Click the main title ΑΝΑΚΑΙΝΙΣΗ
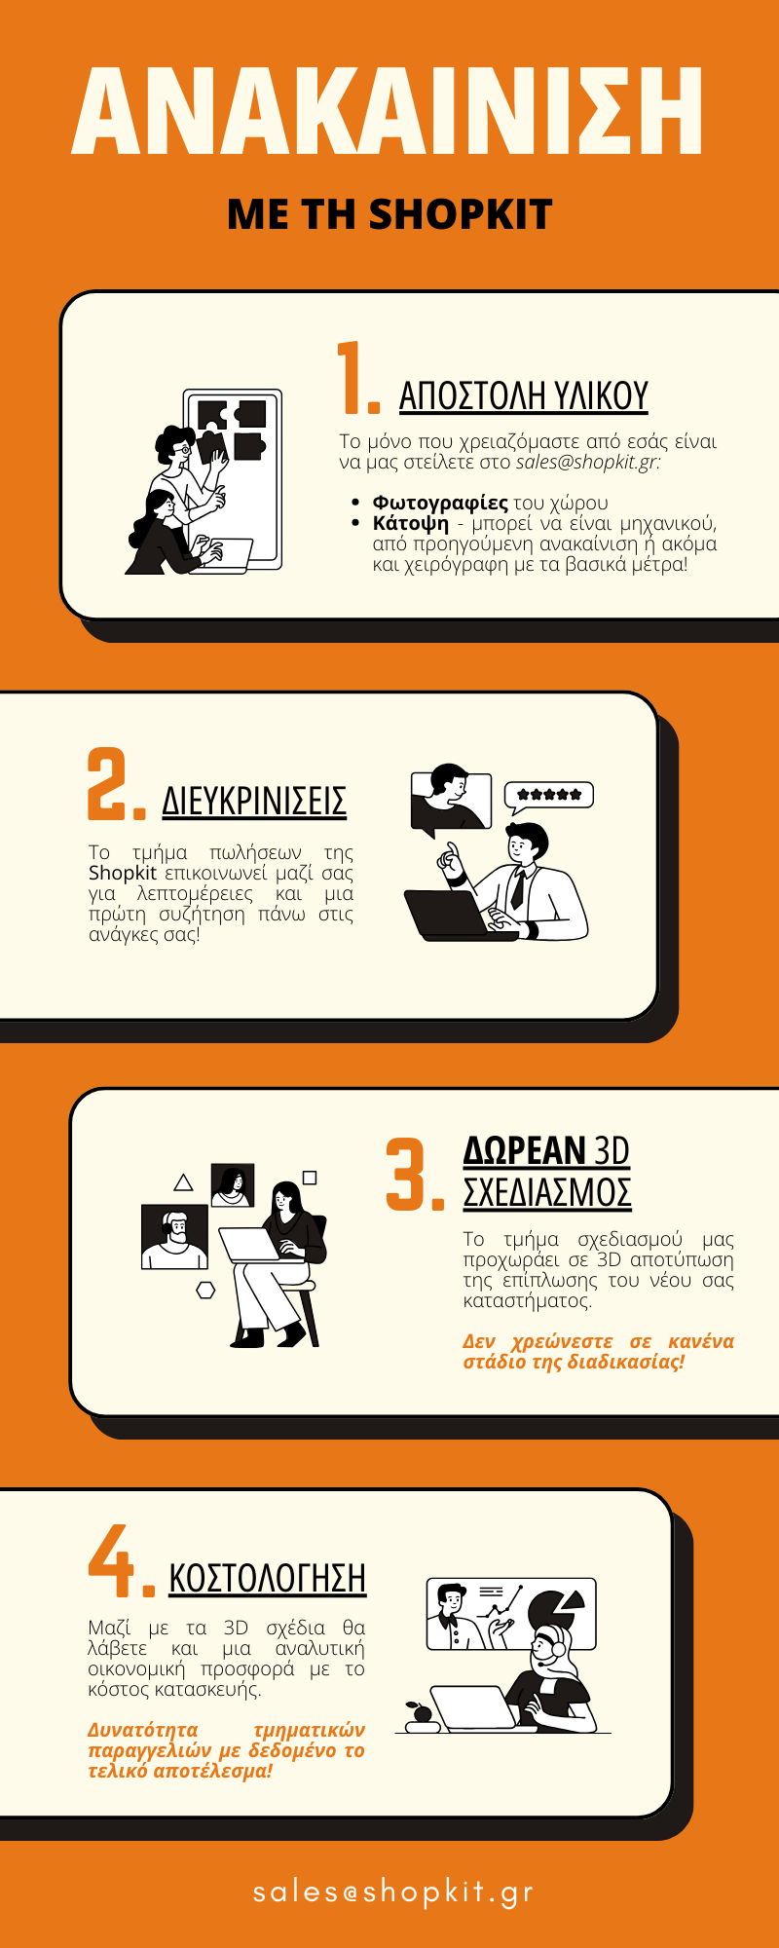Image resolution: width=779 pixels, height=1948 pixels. [x=388, y=112]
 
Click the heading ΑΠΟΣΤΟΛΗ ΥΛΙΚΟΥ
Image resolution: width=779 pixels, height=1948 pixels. [x=524, y=395]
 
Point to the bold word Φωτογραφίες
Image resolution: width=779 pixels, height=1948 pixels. [x=440, y=503]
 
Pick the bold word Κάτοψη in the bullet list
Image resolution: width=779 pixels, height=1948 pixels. [x=411, y=524]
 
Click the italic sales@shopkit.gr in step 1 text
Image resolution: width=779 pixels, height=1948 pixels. [x=587, y=462]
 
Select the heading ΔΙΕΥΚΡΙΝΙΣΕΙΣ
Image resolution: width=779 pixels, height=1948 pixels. [x=254, y=801]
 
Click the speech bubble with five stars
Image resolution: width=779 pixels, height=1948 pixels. [x=548, y=797]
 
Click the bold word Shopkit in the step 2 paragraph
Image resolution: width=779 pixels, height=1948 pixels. [x=122, y=873]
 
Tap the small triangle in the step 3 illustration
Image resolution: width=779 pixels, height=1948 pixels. [x=183, y=1182]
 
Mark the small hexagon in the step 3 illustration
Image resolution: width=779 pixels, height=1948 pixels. [x=205, y=1290]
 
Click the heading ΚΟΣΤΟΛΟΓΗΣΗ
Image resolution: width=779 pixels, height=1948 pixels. [x=268, y=1578]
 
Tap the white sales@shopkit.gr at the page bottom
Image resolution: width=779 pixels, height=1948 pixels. [x=392, y=1891]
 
